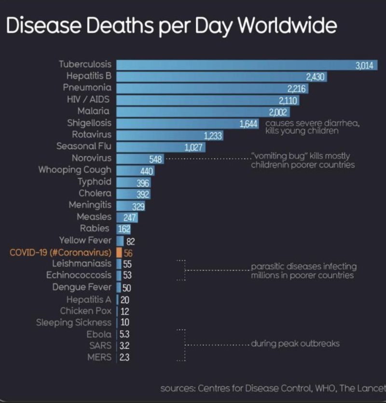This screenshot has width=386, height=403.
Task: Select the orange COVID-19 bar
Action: [x=119, y=252]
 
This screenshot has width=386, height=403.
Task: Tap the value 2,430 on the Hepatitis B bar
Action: [x=316, y=77]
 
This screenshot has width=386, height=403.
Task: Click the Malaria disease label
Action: [x=94, y=111]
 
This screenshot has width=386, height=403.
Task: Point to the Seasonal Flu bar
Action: [x=154, y=147]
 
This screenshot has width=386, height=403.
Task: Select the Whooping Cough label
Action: [x=75, y=170]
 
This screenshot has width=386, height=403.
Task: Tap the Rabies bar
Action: [x=121, y=229]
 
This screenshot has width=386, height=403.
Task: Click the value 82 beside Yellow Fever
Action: [x=130, y=241]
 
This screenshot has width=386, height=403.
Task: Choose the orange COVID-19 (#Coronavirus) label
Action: [x=60, y=252]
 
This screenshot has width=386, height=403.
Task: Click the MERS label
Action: [x=99, y=357]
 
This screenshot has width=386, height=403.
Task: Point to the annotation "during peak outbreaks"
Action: [x=295, y=344]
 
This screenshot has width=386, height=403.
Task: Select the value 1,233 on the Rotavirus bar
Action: [x=213, y=136]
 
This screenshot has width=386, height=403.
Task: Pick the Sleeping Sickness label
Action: [x=73, y=322]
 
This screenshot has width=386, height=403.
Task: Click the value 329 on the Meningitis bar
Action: [x=138, y=206]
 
